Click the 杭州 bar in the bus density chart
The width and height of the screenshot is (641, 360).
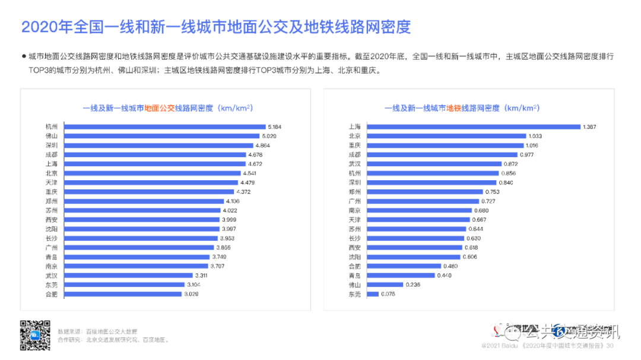point(164,126)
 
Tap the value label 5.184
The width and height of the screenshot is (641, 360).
point(274,126)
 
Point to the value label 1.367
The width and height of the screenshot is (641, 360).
point(589,126)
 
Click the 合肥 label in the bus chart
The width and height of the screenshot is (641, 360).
point(52,294)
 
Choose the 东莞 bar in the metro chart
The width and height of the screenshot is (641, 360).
point(373,294)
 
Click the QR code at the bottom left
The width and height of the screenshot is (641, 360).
point(36,335)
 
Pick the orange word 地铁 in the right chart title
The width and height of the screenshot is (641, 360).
point(454,109)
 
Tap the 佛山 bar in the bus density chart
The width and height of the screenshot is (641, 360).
point(161,136)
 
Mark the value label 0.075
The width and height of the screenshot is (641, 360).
point(388,294)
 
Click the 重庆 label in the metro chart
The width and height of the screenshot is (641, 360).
point(354,145)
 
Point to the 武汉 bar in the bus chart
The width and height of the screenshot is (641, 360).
point(128,275)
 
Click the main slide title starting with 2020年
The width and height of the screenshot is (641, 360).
point(216,27)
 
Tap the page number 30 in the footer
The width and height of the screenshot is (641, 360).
point(610,345)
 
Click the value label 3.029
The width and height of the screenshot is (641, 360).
point(191,294)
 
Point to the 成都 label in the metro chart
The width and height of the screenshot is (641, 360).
point(354,154)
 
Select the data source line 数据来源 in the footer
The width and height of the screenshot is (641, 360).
point(97,331)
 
